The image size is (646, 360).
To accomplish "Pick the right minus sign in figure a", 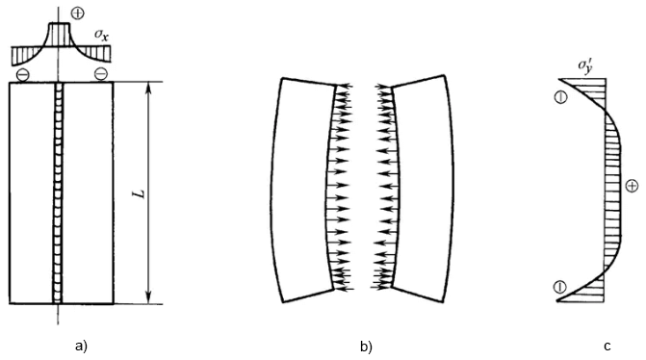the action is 99,73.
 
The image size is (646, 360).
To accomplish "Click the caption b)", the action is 365,344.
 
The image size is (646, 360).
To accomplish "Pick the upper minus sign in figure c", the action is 558,95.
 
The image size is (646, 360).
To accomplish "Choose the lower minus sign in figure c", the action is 558,286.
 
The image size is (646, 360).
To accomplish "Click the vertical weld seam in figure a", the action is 60,193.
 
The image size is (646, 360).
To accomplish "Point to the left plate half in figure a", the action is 32,193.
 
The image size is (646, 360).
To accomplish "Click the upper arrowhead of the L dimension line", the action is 147,88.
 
